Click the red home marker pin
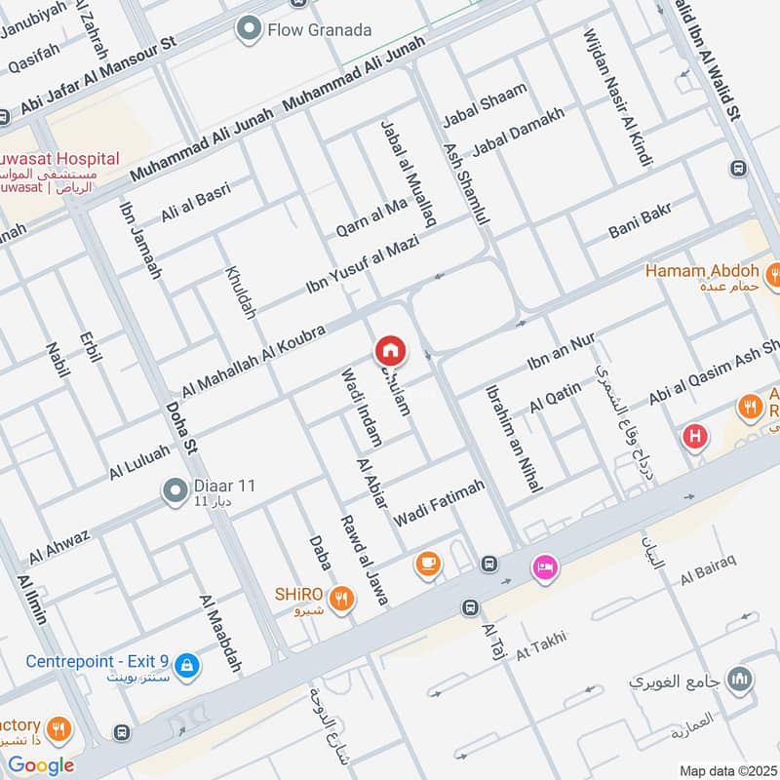tap(390, 349)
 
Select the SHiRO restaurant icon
tap(341, 598)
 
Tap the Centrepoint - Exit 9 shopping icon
tap(189, 667)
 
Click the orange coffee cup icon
tap(426, 563)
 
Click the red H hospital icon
tap(695, 436)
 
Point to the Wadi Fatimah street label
tap(439, 504)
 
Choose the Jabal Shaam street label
tap(485, 105)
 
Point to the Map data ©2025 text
tap(726, 770)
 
